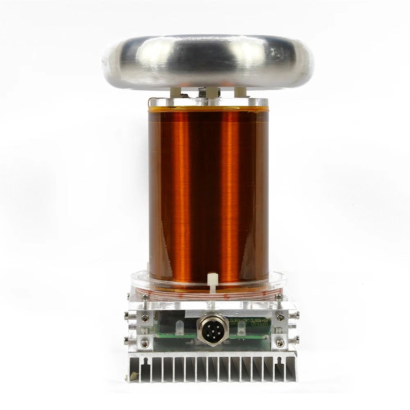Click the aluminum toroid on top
pyautogui.click(x=207, y=61)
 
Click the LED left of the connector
pyautogui.click(x=180, y=327)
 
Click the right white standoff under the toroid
pyautogui.click(x=240, y=92)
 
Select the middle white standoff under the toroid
pyautogui.click(x=211, y=92)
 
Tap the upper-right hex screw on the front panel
pyautogui.click(x=280, y=317)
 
